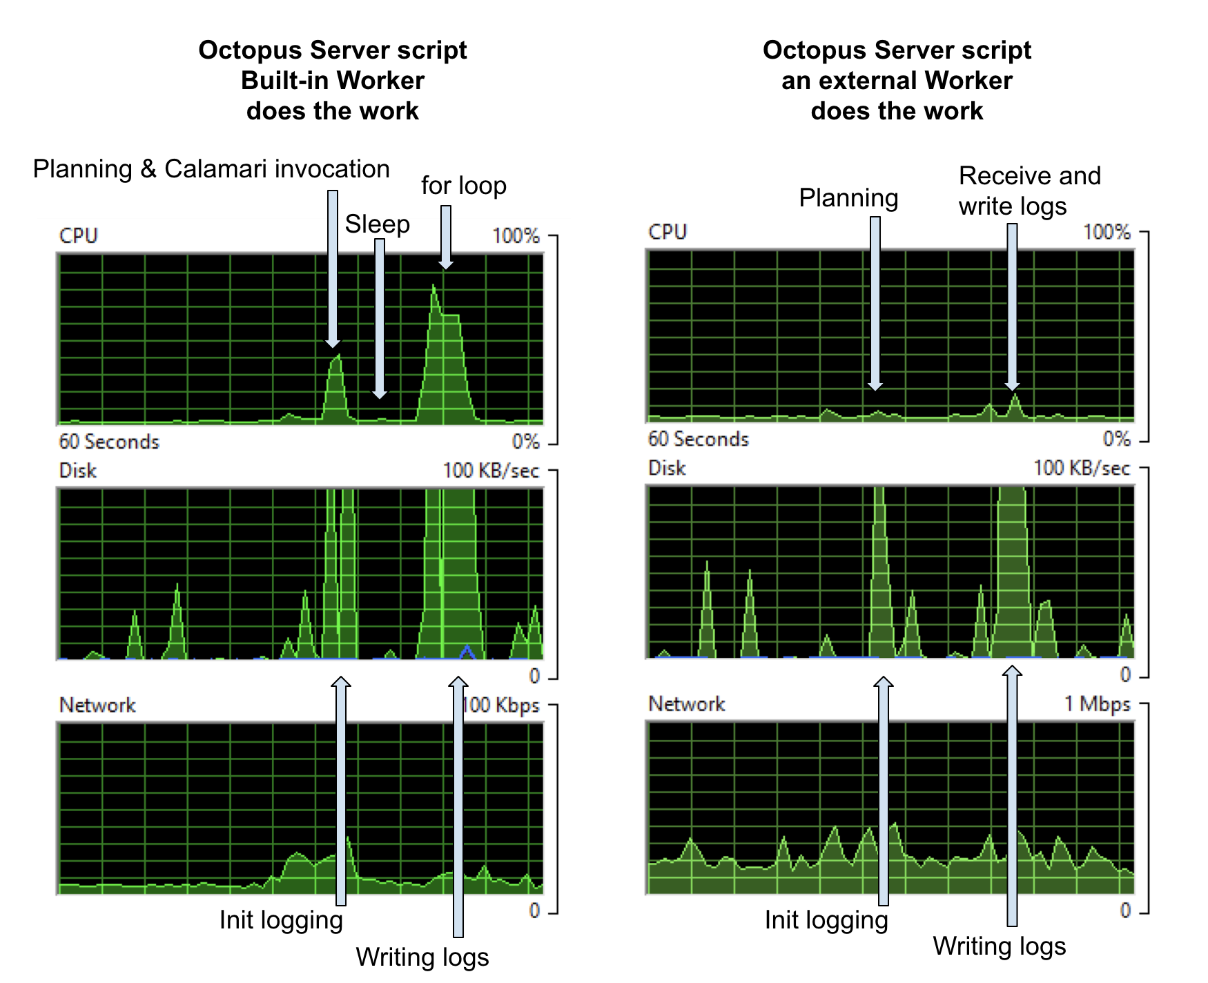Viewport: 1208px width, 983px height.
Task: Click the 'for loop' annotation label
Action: (x=463, y=186)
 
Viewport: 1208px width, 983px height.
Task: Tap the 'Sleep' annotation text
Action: (x=377, y=224)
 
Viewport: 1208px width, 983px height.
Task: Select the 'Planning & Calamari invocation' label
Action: (x=211, y=169)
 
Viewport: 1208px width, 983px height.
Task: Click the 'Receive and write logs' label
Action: (x=1029, y=191)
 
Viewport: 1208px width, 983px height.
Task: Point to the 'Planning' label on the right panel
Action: (x=848, y=198)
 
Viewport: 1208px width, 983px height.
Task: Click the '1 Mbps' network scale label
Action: (x=1097, y=704)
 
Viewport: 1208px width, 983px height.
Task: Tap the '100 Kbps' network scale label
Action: (x=500, y=705)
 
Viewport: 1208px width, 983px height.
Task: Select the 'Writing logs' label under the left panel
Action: (x=422, y=957)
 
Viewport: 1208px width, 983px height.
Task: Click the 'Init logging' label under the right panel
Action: (x=826, y=920)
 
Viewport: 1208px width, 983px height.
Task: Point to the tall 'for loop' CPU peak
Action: (x=434, y=290)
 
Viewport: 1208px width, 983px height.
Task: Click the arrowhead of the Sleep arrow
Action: (x=380, y=394)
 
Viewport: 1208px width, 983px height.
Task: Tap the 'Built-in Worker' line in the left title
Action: (x=332, y=81)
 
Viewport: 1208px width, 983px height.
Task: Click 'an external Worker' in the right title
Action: (x=897, y=81)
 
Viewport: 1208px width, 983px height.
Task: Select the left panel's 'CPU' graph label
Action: (x=79, y=236)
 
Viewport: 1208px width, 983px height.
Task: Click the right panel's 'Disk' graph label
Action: (x=667, y=469)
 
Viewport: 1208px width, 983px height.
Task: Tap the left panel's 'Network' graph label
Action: (x=97, y=705)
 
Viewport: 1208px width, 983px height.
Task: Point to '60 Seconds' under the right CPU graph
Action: (x=698, y=439)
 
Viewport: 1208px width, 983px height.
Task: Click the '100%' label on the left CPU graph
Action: (x=516, y=236)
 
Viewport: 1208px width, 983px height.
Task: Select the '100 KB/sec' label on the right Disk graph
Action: (x=1081, y=469)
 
